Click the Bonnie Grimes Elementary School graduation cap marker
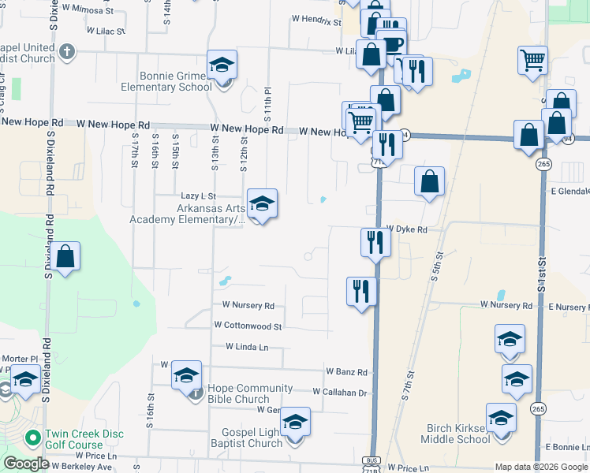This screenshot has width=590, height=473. [222, 66]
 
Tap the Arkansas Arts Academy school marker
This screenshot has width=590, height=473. [262, 205]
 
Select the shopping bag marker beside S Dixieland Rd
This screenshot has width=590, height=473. [65, 258]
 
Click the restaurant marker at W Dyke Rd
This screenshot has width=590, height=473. [375, 242]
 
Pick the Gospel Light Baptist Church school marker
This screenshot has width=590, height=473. [295, 423]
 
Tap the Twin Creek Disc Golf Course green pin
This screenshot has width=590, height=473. [32, 437]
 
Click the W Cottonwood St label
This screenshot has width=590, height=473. [248, 326]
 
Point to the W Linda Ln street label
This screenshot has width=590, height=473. [247, 346]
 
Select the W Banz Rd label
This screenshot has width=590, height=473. [346, 371]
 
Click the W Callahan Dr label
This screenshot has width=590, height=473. [340, 392]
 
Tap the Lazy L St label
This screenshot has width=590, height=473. [198, 196]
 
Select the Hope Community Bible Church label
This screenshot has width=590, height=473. [250, 393]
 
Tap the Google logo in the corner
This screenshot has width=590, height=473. [26, 464]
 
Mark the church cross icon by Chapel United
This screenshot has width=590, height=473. [67, 53]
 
